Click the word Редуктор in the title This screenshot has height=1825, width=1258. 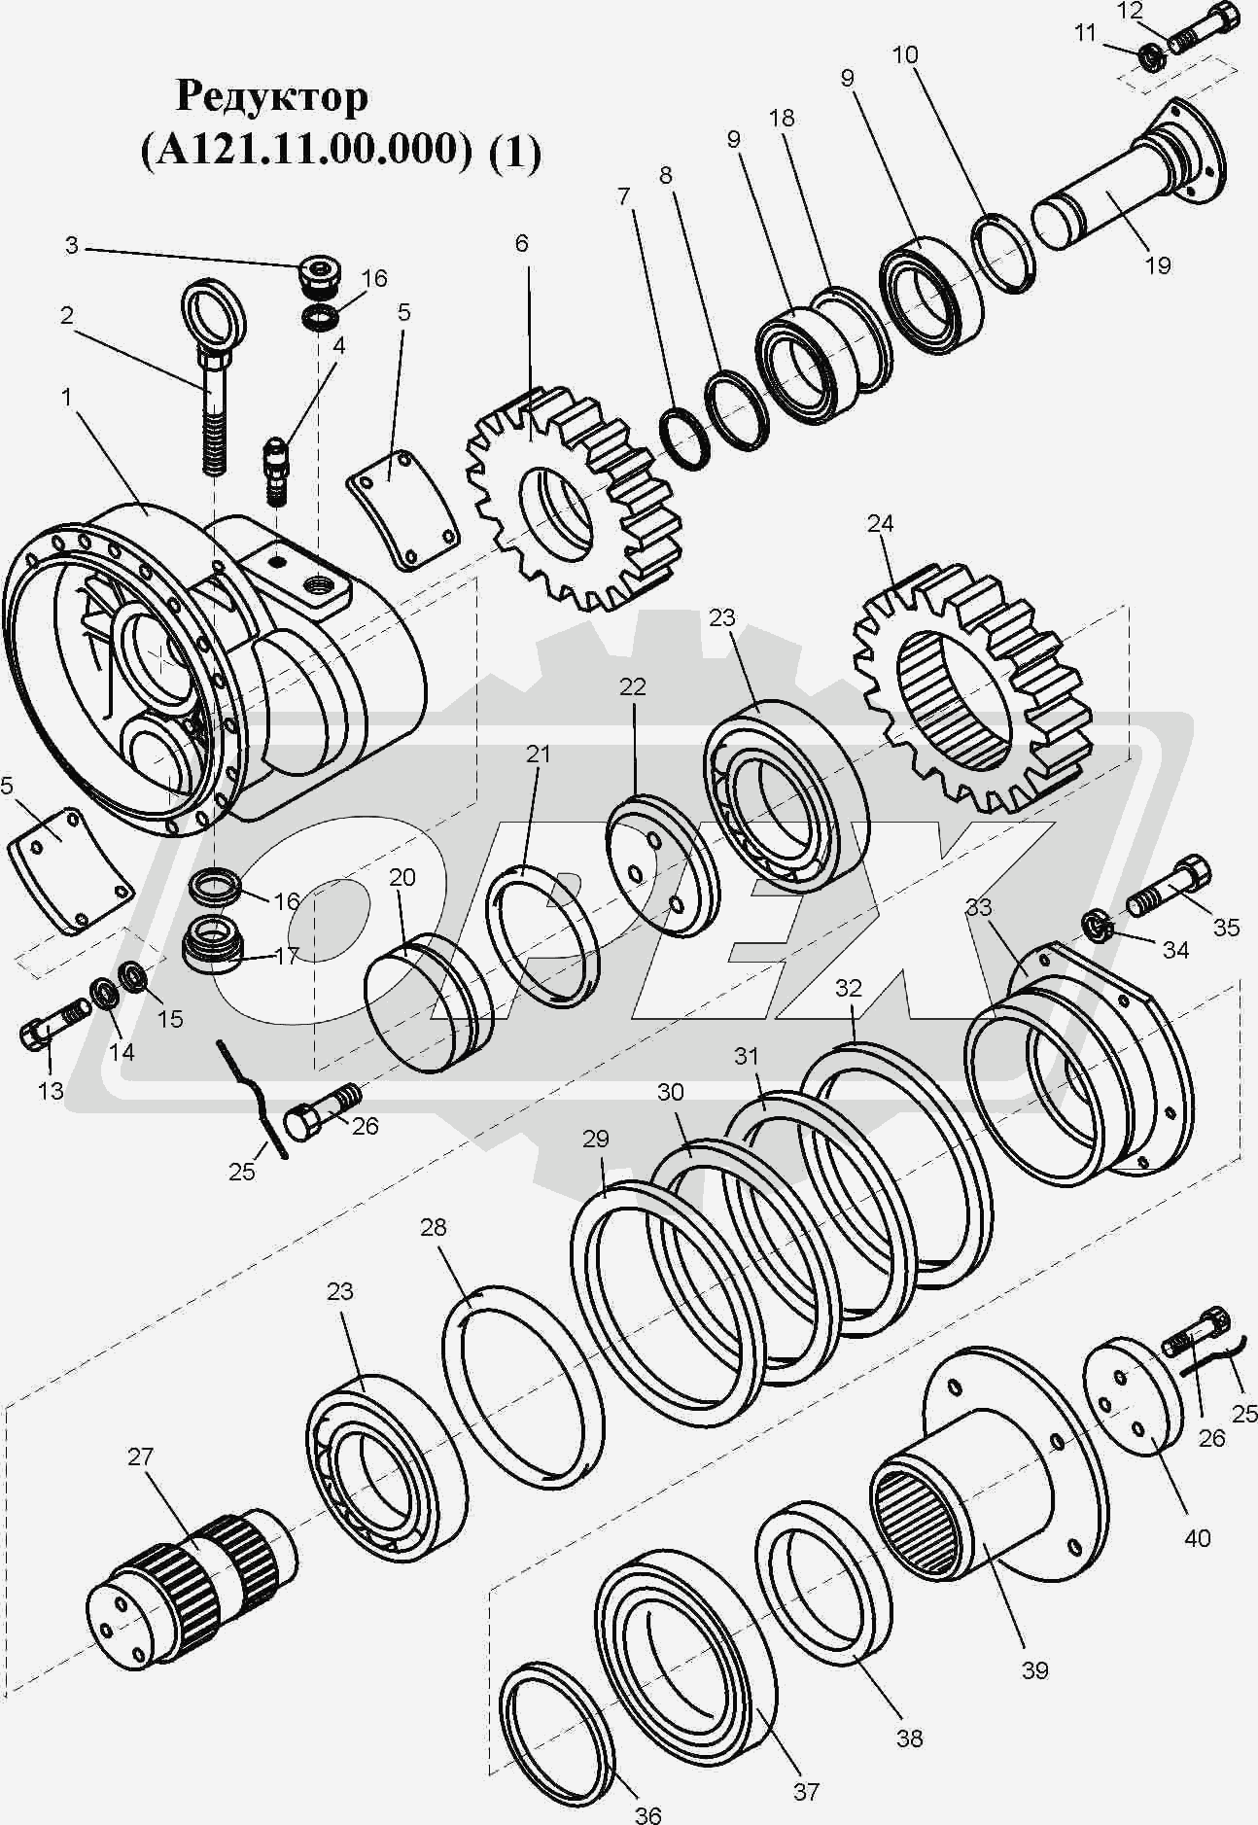click(x=272, y=97)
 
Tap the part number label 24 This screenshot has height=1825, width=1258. click(x=880, y=524)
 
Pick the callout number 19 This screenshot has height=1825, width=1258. click(x=1157, y=264)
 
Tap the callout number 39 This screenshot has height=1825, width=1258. click(x=1035, y=1669)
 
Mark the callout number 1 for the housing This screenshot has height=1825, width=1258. click(x=66, y=397)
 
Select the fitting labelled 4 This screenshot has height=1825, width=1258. click(x=277, y=471)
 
